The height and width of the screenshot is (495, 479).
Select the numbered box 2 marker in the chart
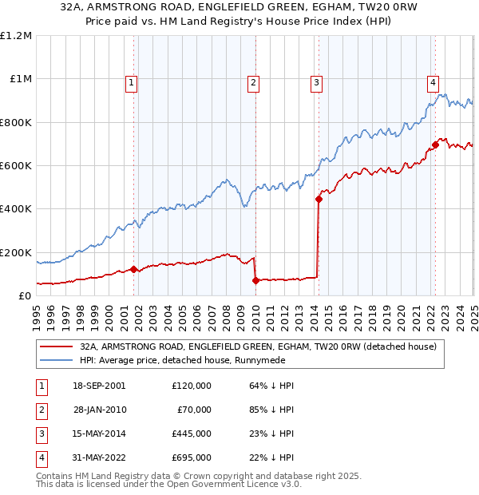coord(253,81)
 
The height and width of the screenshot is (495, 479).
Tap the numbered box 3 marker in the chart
coord(316,81)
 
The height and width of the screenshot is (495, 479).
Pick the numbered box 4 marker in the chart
coord(432,81)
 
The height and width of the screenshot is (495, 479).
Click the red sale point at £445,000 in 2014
coord(319,200)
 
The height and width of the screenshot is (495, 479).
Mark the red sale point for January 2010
coord(255,280)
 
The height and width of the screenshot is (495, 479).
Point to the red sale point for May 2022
coord(436,145)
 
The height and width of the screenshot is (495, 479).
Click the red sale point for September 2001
coord(134,270)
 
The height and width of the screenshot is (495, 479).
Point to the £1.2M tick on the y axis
coord(16,36)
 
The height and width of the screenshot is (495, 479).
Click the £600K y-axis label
coord(16,166)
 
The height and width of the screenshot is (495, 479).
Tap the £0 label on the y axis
coord(24,295)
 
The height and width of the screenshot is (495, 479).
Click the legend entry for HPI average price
coord(168,361)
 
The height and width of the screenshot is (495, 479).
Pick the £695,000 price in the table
coord(192,457)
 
